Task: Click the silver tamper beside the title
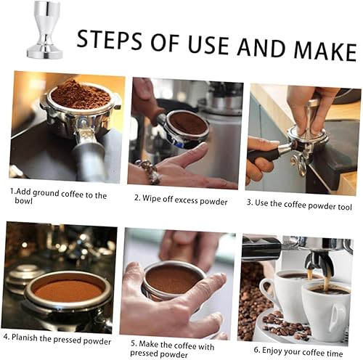click(x=45, y=30)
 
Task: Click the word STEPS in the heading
click(x=110, y=40)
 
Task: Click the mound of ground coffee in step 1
click(x=81, y=94)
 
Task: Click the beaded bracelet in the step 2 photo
click(x=148, y=171)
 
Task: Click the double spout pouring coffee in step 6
click(x=319, y=263)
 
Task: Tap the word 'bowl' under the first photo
click(x=23, y=200)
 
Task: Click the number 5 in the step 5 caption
click(x=133, y=343)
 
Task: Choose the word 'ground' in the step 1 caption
click(x=46, y=194)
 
